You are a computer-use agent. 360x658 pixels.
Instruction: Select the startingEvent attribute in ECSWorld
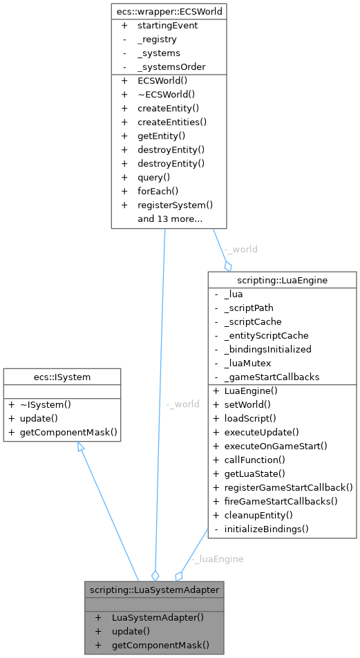click(x=167, y=26)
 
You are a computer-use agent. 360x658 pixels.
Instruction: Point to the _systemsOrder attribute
click(x=171, y=67)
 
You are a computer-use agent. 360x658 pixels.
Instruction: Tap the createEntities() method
click(x=172, y=122)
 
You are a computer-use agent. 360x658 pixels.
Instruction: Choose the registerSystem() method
click(x=175, y=205)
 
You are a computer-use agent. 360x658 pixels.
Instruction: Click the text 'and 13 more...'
click(x=169, y=219)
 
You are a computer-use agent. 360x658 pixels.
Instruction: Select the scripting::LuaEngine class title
click(x=282, y=280)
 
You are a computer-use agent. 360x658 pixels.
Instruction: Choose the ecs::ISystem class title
click(x=61, y=377)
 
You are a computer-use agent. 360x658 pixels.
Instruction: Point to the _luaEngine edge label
click(x=217, y=558)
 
